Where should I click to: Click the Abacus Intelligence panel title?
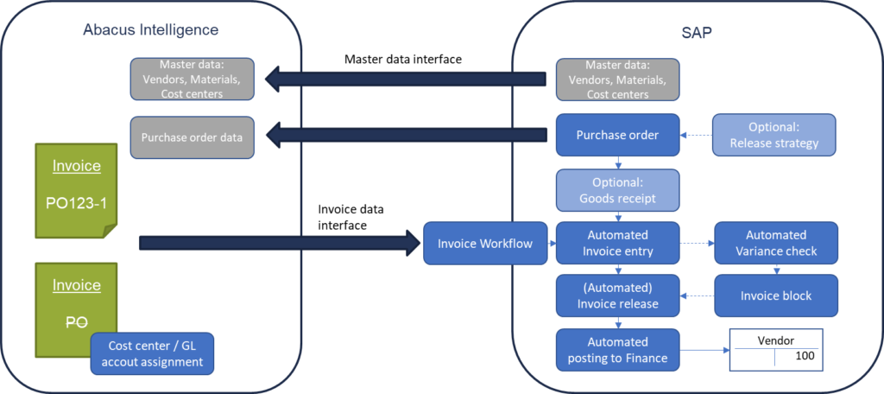tap(150, 29)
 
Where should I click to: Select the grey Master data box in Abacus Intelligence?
tap(193, 79)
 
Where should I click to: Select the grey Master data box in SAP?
tap(617, 79)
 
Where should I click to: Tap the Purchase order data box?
tap(193, 137)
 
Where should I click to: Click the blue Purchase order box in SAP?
tap(617, 135)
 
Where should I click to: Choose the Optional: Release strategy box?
tap(774, 135)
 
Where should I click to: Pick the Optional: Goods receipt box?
tap(617, 190)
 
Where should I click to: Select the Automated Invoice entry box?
tap(617, 243)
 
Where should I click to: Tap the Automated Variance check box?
tap(775, 243)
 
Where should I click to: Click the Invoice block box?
tap(775, 295)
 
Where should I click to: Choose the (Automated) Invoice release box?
tap(617, 295)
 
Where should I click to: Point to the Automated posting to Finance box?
tap(617, 349)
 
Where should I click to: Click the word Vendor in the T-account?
tap(773, 340)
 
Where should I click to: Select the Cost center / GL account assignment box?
tap(152, 354)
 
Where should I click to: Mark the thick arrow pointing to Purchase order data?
tap(406, 135)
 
